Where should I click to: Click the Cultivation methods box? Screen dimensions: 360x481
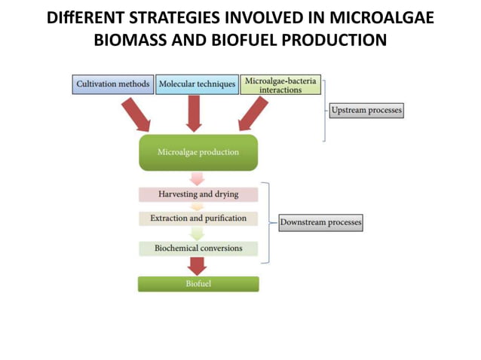click(x=112, y=84)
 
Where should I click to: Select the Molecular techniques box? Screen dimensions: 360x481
click(x=196, y=84)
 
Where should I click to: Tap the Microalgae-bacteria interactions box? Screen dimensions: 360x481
click(x=281, y=84)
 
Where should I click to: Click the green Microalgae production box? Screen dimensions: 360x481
click(x=198, y=152)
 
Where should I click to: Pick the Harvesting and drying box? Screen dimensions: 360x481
click(x=198, y=194)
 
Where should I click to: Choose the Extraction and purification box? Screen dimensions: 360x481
click(x=198, y=218)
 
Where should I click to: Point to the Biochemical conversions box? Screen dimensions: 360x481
click(x=198, y=248)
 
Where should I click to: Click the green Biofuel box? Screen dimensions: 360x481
click(x=198, y=284)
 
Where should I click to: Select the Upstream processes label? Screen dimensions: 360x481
click(x=366, y=110)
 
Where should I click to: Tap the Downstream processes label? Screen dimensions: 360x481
click(x=320, y=222)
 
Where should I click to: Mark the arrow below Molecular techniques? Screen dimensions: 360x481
click(x=194, y=113)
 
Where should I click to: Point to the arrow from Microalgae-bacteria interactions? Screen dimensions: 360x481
click(x=249, y=114)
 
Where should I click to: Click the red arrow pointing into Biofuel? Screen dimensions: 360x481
click(x=198, y=266)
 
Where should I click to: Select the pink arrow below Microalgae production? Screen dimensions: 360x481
click(x=198, y=178)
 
